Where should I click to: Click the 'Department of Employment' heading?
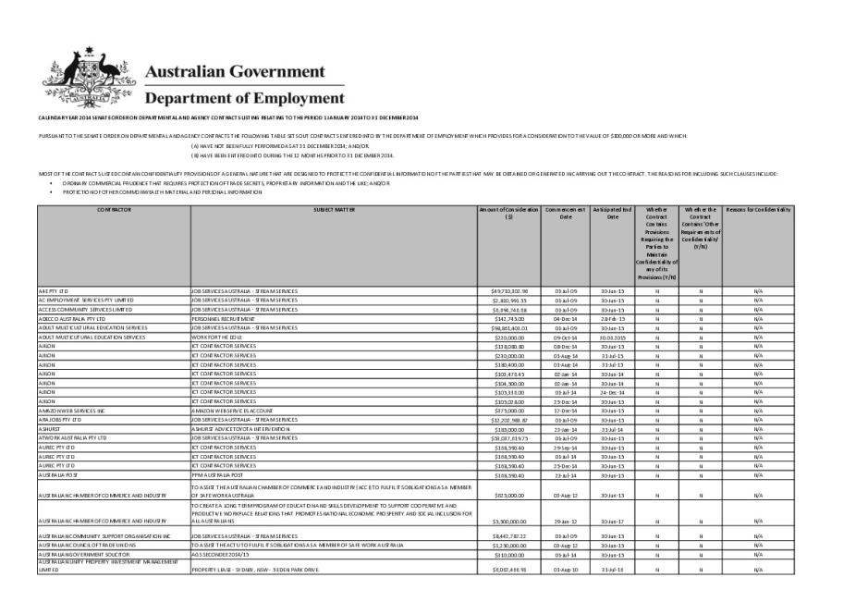244,98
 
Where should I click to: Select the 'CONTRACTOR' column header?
113,210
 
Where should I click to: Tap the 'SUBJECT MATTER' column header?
333,210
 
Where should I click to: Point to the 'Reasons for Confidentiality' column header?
758,210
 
